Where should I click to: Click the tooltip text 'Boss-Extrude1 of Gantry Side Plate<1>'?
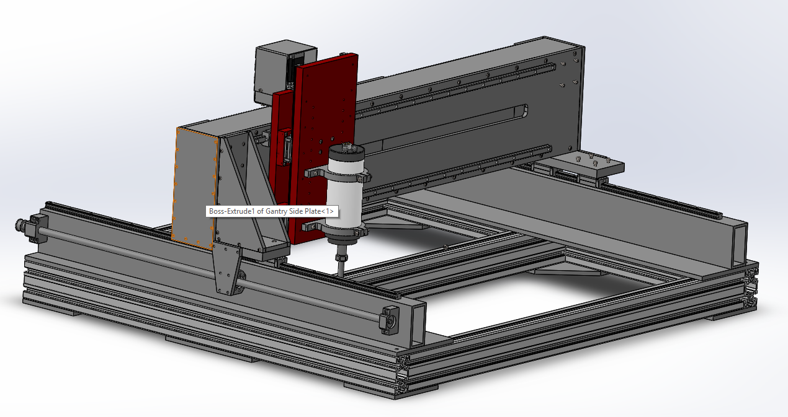point(271,211)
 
